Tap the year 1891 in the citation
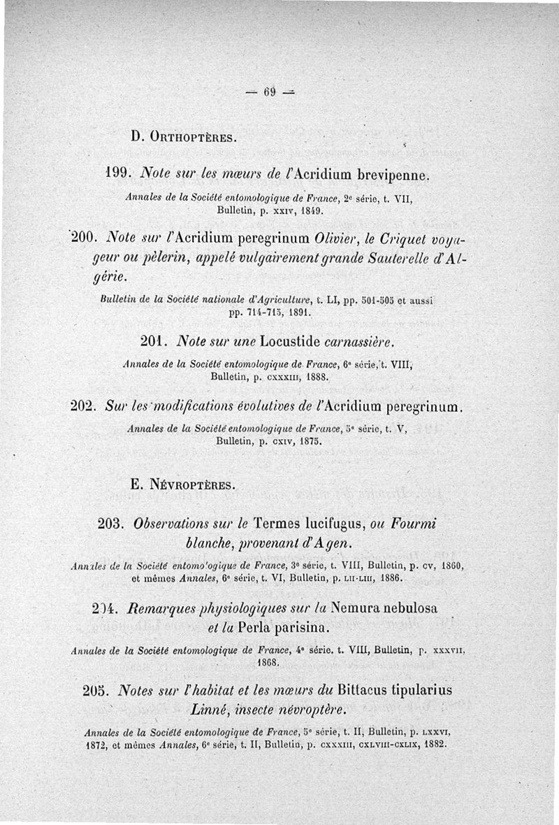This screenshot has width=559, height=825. pos(296,313)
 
